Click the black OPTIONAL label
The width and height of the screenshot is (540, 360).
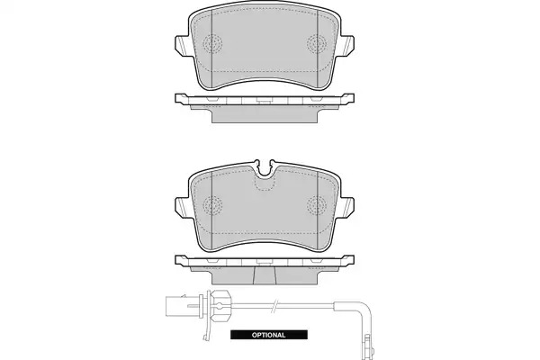pos(268,335)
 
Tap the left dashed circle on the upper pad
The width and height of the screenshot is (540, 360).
pos(212,44)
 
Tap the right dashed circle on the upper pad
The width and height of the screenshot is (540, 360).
pos(317,44)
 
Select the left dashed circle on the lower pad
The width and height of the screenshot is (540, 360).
pos(212,206)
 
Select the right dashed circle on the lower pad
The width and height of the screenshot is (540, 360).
pos(317,206)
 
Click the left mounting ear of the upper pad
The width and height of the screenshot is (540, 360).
pos(182,47)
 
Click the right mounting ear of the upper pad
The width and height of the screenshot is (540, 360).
pos(347,47)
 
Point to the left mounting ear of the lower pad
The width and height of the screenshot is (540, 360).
pos(182,209)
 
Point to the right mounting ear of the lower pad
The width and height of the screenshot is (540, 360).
pos(347,209)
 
